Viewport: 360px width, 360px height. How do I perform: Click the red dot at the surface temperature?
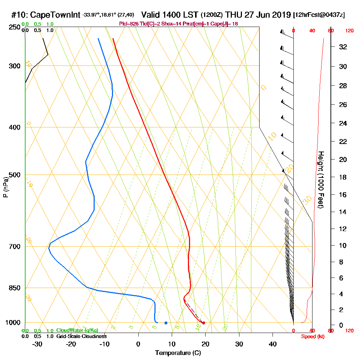[204, 323]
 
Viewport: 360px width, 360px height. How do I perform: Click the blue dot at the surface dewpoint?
[166, 323]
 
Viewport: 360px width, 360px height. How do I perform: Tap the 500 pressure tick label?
[15, 175]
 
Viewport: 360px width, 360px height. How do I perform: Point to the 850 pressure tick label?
[15, 288]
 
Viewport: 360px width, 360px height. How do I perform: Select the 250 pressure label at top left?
[15, 27]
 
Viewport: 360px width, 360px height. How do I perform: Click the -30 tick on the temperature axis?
[37, 344]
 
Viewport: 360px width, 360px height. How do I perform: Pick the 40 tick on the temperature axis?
[273, 344]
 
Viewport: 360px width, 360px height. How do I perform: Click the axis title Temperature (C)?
[178, 353]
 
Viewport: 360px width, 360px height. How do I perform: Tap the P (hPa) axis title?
[6, 187]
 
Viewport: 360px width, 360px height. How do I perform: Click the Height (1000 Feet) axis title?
[320, 180]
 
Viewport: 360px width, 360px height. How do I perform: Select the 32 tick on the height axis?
[343, 47]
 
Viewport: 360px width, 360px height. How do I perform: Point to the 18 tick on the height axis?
[343, 177]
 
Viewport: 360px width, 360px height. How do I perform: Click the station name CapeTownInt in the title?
[55, 15]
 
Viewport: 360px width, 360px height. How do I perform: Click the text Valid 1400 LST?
[170, 15]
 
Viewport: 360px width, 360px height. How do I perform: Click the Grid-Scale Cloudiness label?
[81, 336]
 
